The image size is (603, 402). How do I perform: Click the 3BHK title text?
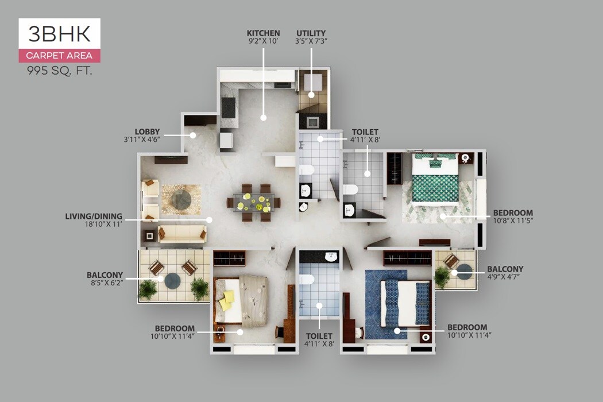click(x=59, y=34)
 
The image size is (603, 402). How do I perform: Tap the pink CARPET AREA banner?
click(x=59, y=56)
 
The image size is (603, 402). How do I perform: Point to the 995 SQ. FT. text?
click(x=59, y=71)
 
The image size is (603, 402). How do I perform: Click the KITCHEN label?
click(x=263, y=33)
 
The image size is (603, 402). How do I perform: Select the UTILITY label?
click(x=311, y=33)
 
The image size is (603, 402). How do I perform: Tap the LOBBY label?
click(x=147, y=132)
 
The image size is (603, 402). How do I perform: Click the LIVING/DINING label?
click(x=94, y=216)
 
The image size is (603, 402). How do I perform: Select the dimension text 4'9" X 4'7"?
click(x=505, y=277)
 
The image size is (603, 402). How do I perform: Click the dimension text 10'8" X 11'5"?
click(x=513, y=221)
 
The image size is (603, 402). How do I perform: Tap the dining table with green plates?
click(x=253, y=202)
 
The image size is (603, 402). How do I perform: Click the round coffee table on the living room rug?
click(x=181, y=199)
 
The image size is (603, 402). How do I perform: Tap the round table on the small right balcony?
click(x=464, y=272)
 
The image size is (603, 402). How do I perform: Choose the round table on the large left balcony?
click(x=172, y=281)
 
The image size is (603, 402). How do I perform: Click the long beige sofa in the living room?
click(x=182, y=233)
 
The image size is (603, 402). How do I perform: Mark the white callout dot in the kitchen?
click(x=264, y=118)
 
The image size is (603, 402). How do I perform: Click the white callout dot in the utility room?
click(x=311, y=95)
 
